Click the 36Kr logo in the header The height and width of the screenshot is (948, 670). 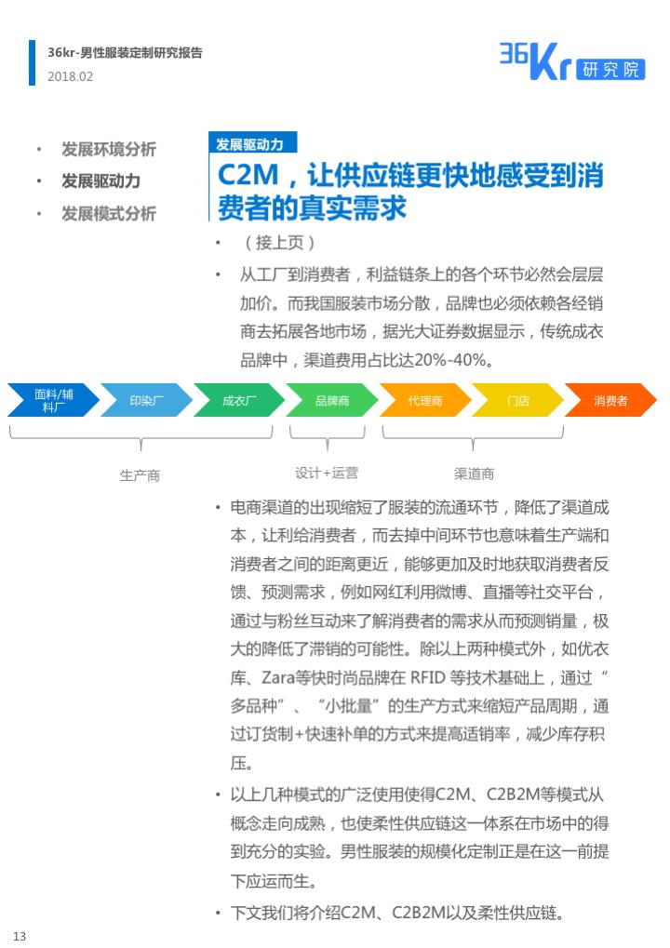[x=572, y=61]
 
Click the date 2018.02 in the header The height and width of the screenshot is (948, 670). [x=70, y=77]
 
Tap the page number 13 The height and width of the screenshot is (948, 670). [x=20, y=936]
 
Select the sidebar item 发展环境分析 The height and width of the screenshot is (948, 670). [x=109, y=150]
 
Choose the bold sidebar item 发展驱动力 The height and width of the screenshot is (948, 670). [x=101, y=180]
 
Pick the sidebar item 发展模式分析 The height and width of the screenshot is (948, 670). [x=109, y=213]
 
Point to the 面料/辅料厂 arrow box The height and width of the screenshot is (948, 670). [x=53, y=400]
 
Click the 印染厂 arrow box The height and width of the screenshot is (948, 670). [x=146, y=400]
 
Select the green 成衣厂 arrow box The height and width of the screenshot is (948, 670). [x=239, y=400]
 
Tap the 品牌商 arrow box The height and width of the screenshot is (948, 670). [x=332, y=400]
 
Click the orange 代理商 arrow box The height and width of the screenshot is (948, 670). [x=425, y=400]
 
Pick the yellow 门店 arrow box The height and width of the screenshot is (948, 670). [x=517, y=400]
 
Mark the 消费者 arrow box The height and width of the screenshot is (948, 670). [x=610, y=400]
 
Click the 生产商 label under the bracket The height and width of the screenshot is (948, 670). [x=140, y=475]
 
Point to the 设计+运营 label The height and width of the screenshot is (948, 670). [x=327, y=473]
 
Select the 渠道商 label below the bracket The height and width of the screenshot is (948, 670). [x=474, y=474]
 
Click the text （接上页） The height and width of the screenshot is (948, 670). [x=279, y=243]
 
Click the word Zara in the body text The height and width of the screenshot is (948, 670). [x=278, y=678]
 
